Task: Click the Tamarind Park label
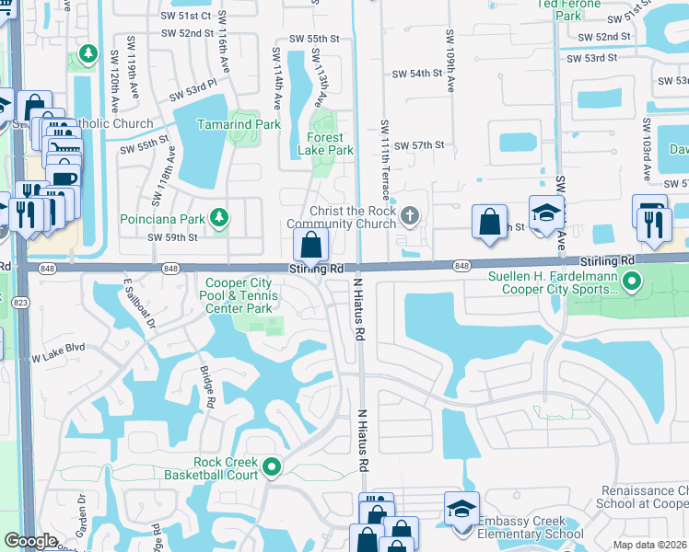[239, 124]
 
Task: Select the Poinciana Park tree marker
[219, 217]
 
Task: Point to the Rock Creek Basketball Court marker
[272, 468]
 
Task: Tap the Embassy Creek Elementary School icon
[461, 509]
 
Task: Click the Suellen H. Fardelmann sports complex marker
[631, 280]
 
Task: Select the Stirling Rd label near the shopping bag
[317, 269]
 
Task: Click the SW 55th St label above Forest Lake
[314, 39]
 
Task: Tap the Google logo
[30, 541]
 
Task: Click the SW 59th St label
[173, 237]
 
